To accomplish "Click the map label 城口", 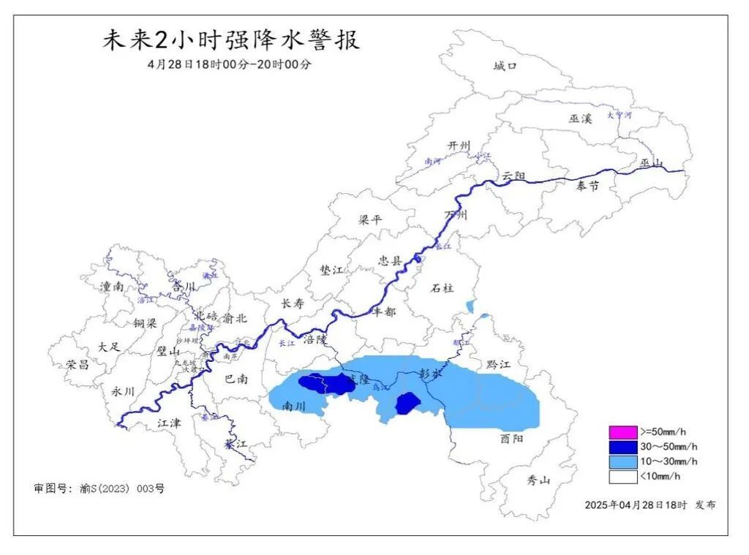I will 505,67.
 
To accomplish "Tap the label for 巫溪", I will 579,119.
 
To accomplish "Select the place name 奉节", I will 587,186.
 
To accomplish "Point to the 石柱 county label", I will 443,287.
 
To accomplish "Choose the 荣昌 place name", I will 77,364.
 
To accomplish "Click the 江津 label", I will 170,423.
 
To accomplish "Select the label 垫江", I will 331,270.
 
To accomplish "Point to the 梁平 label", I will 371,220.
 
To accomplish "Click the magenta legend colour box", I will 622,431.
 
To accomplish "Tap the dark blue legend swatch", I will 622,446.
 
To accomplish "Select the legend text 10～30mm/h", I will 669,461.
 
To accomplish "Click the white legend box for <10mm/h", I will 622,477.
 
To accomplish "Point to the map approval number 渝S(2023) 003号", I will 122,488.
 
